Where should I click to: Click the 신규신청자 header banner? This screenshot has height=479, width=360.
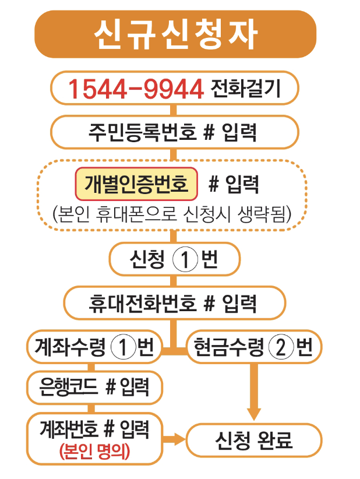(175, 34)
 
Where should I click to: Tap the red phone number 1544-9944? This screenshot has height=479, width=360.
(136, 89)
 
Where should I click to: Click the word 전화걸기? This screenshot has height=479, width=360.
(242, 89)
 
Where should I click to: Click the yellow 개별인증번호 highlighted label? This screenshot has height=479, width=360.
(136, 184)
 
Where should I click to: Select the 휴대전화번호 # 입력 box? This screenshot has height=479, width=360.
(174, 303)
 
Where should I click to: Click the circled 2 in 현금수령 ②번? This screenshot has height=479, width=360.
(281, 348)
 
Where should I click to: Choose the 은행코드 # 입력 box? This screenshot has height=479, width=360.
(94, 386)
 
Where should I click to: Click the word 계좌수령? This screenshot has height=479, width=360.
(71, 348)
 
